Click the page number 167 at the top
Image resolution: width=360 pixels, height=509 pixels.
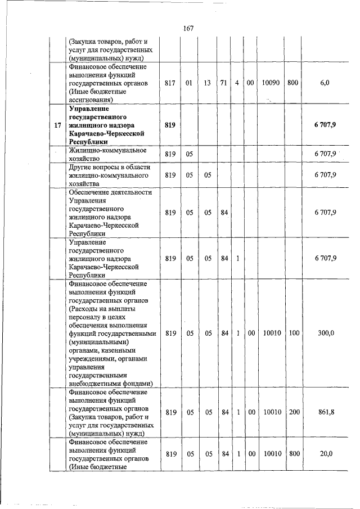[188, 29]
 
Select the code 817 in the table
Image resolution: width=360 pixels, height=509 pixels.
[170, 83]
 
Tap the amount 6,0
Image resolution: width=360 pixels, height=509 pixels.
[325, 83]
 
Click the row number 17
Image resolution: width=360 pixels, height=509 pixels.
[57, 125]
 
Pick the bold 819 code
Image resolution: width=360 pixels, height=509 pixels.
[170, 125]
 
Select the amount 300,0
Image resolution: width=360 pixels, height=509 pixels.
[326, 333]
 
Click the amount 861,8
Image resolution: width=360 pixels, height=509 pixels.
[326, 412]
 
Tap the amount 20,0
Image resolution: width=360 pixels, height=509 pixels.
[326, 454]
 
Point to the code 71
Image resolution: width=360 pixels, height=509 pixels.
[224, 83]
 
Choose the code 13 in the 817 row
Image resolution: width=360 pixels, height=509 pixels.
[208, 83]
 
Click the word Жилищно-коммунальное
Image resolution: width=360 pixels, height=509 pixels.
[100, 150]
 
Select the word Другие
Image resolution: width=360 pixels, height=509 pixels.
[80, 167]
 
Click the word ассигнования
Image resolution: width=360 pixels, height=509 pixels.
[91, 100]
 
